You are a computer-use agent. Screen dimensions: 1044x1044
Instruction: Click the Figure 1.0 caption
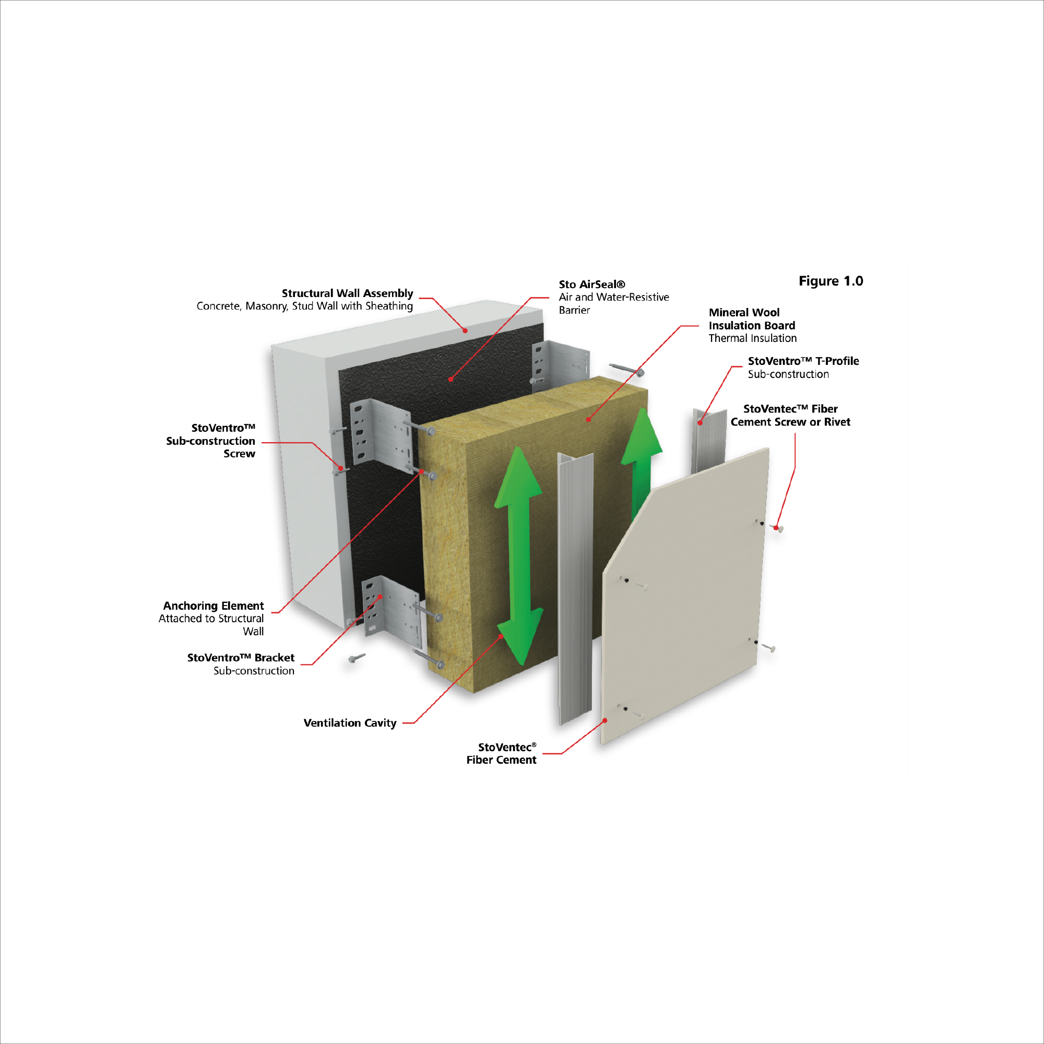click(831, 281)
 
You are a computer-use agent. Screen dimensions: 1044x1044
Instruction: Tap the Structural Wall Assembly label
click(347, 293)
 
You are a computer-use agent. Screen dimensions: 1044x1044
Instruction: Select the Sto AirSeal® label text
click(592, 284)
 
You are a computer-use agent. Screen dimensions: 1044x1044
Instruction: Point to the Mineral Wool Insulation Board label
click(751, 319)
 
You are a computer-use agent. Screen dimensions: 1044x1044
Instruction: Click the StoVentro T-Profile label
click(803, 361)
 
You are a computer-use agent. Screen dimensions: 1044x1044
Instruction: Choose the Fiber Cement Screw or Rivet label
click(790, 415)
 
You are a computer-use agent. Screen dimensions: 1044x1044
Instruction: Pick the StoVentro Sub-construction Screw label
click(211, 441)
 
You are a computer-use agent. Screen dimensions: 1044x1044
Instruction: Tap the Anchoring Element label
click(213, 606)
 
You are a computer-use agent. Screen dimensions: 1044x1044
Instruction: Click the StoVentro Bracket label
click(241, 658)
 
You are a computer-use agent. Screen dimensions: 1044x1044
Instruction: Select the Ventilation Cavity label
click(350, 723)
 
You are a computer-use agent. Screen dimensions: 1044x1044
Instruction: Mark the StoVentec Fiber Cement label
click(502, 753)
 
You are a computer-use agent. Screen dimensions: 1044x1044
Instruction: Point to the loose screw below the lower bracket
click(357, 658)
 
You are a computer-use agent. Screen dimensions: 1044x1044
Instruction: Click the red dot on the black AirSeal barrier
click(450, 379)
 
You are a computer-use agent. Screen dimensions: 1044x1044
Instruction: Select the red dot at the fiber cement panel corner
click(605, 720)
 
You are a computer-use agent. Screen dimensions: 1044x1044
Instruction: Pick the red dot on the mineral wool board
click(588, 419)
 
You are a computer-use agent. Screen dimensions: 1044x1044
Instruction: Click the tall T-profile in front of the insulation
click(575, 589)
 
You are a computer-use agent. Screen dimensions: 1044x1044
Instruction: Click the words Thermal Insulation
click(752, 338)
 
